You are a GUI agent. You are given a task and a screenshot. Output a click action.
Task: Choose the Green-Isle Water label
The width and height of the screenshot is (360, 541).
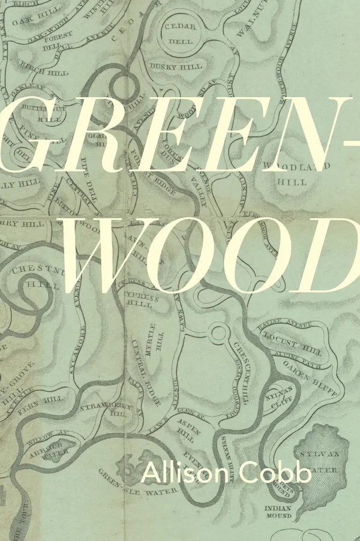pyautogui.click(x=133, y=480)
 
